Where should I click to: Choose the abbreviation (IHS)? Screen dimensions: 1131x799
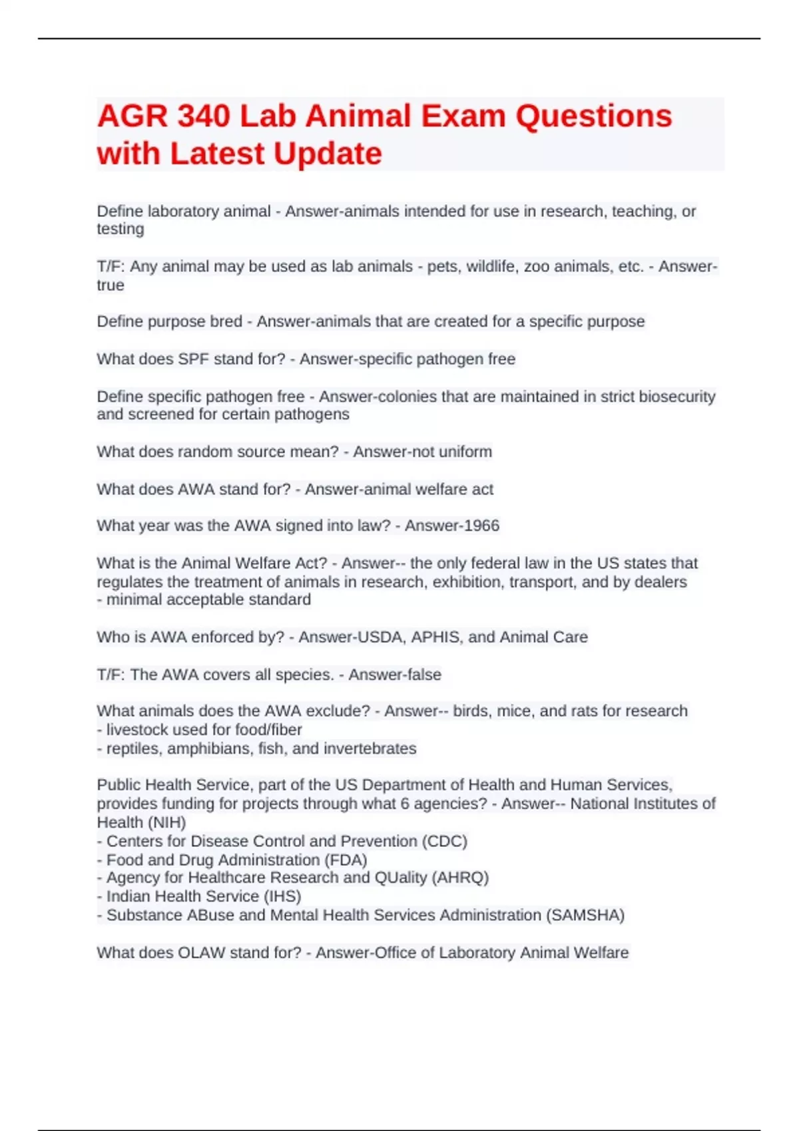pos(282,896)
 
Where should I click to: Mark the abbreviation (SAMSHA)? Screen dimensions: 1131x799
pos(585,915)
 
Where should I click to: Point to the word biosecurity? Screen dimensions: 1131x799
pos(677,397)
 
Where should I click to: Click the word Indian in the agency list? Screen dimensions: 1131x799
pos(128,896)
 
